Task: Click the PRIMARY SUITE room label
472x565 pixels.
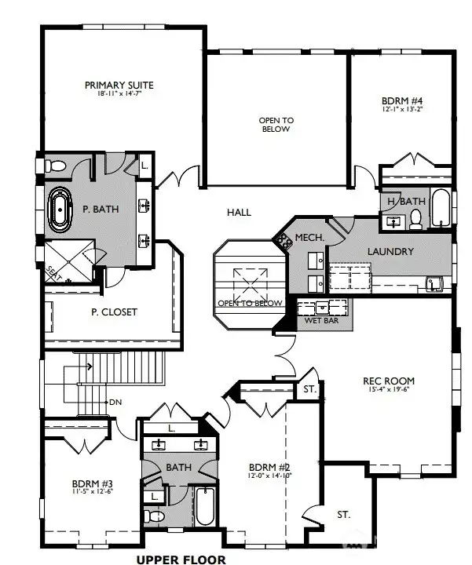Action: click(119, 85)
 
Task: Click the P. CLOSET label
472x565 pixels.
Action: click(114, 312)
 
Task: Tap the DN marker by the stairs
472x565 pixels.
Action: click(115, 402)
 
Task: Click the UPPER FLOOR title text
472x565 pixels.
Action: click(181, 559)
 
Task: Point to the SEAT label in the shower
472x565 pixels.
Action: click(52, 272)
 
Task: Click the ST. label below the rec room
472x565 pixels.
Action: click(344, 515)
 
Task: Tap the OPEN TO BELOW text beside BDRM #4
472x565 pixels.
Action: click(276, 125)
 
